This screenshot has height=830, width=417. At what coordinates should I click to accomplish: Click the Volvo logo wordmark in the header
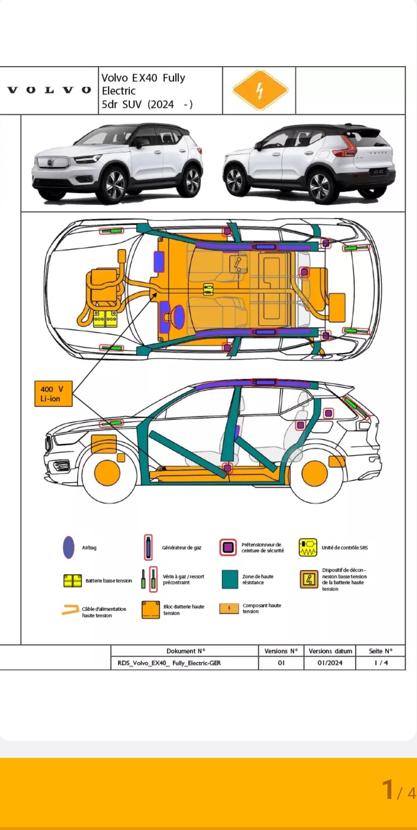(x=49, y=90)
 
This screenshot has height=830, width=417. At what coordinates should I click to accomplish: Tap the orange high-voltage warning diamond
(x=260, y=90)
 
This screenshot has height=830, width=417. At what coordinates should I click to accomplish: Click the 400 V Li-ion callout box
(x=53, y=394)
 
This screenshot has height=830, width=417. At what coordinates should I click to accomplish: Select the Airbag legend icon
(x=69, y=547)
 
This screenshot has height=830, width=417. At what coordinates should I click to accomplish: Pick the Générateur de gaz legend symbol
(x=148, y=547)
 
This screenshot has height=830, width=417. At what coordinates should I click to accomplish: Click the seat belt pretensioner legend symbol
(x=228, y=547)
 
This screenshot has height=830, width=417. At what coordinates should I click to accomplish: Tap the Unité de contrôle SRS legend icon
(x=308, y=547)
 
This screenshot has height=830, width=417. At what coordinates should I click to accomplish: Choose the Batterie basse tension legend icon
(x=73, y=581)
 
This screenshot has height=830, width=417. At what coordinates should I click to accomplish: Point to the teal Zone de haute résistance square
(x=230, y=579)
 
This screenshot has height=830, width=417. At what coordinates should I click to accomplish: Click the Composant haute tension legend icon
(x=229, y=608)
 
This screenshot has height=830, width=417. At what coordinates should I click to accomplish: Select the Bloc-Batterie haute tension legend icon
(x=150, y=610)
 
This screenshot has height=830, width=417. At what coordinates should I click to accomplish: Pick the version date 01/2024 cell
(x=329, y=663)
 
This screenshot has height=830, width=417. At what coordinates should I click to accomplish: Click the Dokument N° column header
(x=185, y=651)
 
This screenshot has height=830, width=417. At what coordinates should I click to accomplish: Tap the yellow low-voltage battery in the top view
(x=105, y=319)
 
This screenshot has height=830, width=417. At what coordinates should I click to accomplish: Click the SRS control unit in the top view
(x=208, y=289)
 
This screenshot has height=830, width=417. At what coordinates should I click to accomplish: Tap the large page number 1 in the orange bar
(x=388, y=790)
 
